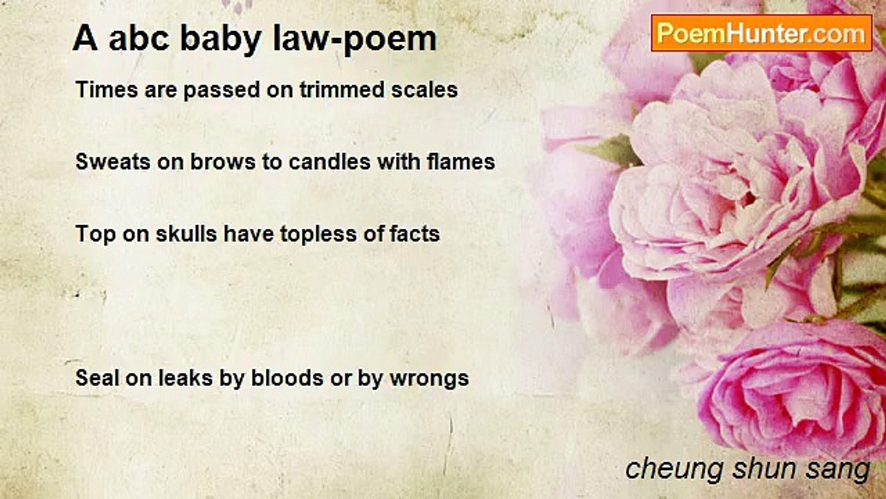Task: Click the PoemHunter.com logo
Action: click(761, 33)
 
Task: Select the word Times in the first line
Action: click(107, 89)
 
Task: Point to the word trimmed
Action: click(342, 89)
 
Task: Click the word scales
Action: click(424, 89)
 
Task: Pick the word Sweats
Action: click(113, 162)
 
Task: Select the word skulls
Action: click(186, 234)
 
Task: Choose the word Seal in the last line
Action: click(98, 378)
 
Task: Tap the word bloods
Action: click(287, 378)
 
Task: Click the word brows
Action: click(223, 162)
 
